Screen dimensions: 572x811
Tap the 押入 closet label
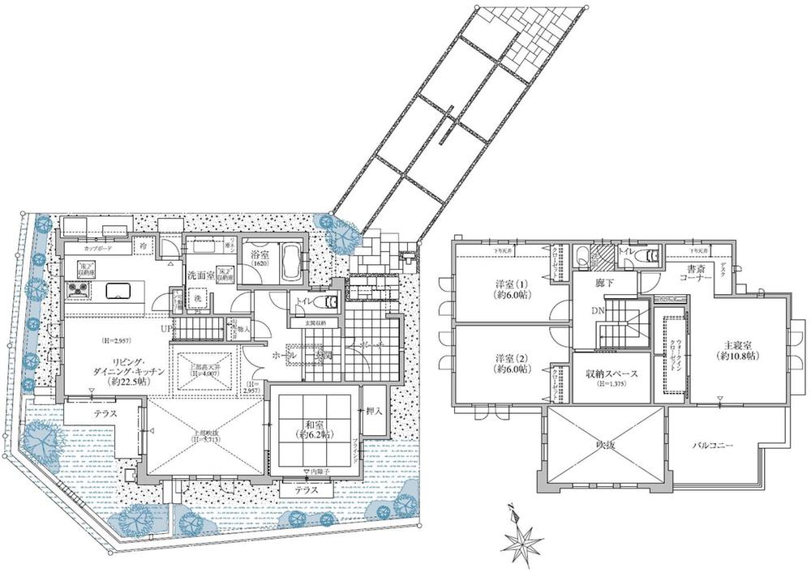point(374,412)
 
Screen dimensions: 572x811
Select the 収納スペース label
point(612,374)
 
